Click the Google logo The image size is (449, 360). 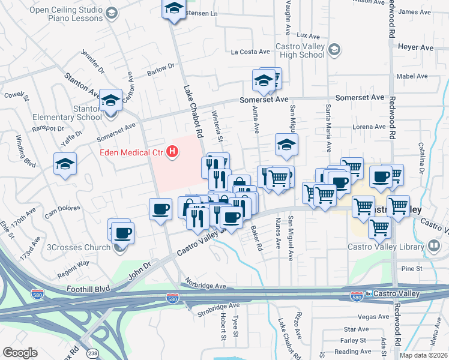[20, 353]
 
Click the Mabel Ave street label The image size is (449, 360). [412, 76]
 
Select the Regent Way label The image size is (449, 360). [73, 263]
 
